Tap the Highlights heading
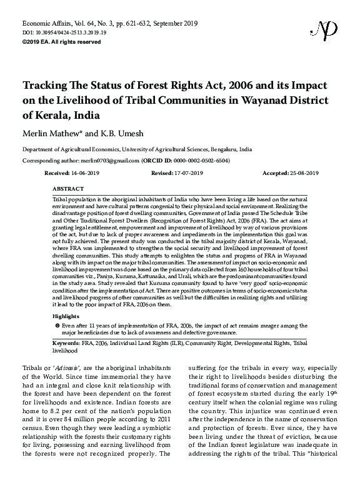tap(66, 317)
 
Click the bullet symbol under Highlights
tap(57, 326)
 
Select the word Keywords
tap(66, 344)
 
